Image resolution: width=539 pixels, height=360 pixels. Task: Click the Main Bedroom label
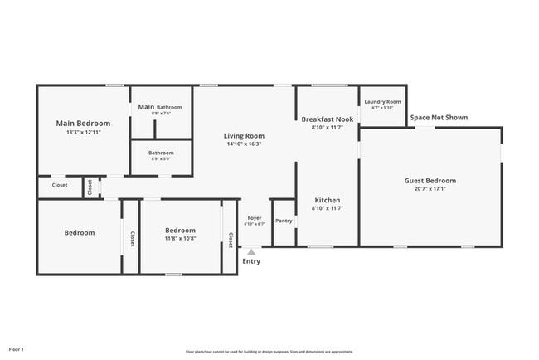82,124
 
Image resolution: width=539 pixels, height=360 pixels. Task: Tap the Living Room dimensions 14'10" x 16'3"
243,144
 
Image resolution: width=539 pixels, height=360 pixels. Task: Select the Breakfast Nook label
327,119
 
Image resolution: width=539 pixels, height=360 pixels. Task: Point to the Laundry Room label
382,102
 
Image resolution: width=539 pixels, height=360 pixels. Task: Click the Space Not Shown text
439,118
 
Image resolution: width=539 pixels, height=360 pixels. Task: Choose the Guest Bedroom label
430,181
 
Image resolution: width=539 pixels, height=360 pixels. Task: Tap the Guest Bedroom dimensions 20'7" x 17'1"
430,189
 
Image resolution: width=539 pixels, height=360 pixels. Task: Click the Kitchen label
327,201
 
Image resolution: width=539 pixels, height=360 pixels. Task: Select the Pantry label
284,221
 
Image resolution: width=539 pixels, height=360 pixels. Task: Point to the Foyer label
255,218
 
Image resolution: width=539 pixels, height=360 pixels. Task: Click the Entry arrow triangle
250,249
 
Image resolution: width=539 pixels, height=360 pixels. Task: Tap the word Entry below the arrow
250,261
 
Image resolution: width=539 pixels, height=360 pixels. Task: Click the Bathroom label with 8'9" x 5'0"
161,153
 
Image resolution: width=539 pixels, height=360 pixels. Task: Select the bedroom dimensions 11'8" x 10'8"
180,239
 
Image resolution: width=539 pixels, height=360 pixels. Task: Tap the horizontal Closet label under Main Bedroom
60,186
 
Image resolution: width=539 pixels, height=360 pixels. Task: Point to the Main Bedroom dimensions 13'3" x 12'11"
82,133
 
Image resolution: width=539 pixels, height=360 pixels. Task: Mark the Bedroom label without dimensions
80,233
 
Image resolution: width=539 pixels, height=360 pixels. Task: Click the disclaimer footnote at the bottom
269,351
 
